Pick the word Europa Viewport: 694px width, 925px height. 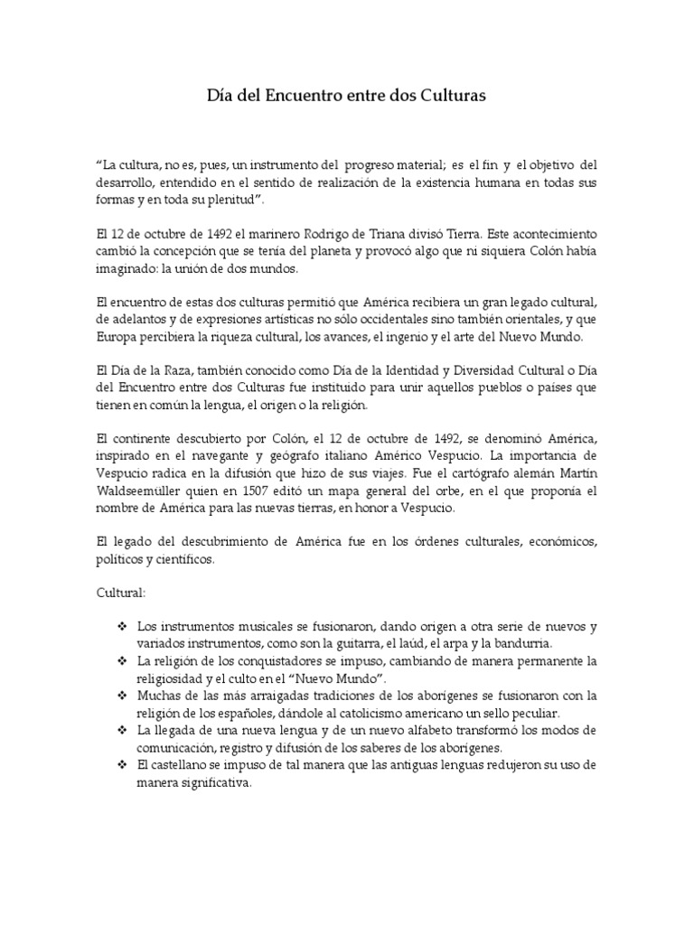click(x=116, y=336)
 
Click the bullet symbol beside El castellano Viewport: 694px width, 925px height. click(x=121, y=765)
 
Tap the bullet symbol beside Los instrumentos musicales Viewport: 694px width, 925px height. click(x=121, y=625)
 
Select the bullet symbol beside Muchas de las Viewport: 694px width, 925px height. click(x=121, y=695)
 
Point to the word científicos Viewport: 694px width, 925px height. click(x=186, y=561)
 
